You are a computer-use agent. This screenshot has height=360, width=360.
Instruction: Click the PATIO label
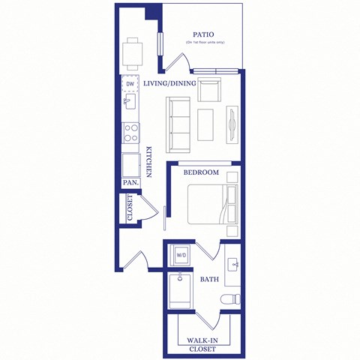pyautogui.click(x=203, y=34)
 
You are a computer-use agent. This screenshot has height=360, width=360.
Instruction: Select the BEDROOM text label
pyautogui.click(x=201, y=172)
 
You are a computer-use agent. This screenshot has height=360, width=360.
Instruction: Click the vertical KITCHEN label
pyautogui.click(x=149, y=161)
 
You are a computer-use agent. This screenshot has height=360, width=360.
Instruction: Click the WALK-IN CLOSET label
pyautogui.click(x=202, y=345)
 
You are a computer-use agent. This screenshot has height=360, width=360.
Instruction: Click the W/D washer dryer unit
pyautogui.click(x=181, y=256)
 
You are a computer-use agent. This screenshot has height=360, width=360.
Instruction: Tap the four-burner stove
pyautogui.click(x=130, y=133)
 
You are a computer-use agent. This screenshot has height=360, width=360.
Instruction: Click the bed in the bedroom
pyautogui.click(x=213, y=205)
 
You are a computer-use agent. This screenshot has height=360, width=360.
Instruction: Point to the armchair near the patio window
pyautogui.click(x=209, y=90)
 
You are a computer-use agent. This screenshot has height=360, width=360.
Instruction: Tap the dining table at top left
pyautogui.click(x=132, y=52)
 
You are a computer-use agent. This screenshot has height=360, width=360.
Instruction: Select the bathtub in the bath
pyautogui.click(x=180, y=292)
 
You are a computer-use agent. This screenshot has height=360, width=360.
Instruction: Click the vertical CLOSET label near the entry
pyautogui.click(x=130, y=208)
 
